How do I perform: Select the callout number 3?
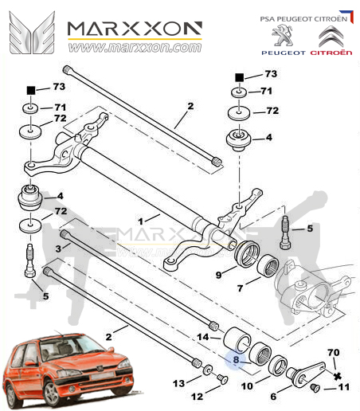coord(58,249)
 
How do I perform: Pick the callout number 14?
coord(203,338)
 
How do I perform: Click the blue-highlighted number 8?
coord(237,359)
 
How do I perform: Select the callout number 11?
coord(344,388)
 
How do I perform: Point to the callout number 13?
coord(180,383)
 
